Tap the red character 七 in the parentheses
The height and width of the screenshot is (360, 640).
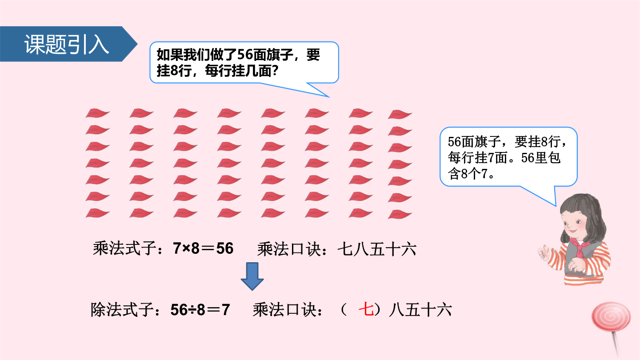[366, 310]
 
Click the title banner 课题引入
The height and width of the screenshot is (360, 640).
[67, 44]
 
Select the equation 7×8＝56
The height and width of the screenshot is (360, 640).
[203, 248]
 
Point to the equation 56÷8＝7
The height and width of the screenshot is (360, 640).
[200, 310]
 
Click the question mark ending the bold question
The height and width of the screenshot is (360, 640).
[275, 71]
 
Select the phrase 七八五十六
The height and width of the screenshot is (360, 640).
[377, 249]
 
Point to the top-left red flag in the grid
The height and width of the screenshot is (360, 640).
[97, 113]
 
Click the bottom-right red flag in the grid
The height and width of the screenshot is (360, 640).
[400, 214]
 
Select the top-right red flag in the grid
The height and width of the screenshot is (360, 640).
[400, 114]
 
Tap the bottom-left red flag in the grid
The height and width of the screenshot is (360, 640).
[97, 213]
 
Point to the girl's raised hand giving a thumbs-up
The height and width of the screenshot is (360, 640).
[544, 253]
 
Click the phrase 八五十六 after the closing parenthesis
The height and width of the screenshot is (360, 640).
[420, 310]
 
